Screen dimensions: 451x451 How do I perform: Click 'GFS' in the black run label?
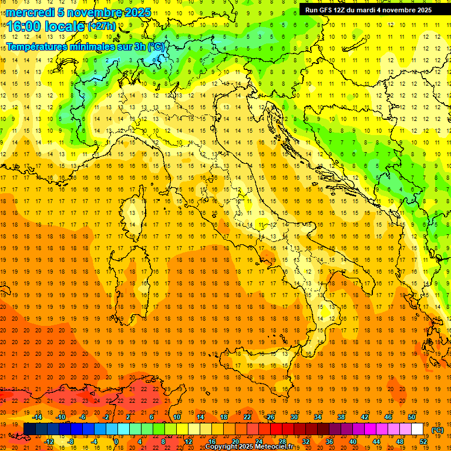(x=329, y=9)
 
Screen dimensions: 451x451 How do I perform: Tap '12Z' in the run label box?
(x=345, y=9)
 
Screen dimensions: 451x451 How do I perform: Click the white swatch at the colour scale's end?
(x=417, y=429)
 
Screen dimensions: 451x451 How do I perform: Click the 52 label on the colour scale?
(x=423, y=442)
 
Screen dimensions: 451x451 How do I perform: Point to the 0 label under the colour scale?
(x=116, y=442)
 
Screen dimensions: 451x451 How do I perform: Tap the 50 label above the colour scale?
(x=412, y=417)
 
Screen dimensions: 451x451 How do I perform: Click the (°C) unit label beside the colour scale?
(x=437, y=430)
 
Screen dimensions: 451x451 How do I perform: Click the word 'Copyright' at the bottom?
(x=223, y=447)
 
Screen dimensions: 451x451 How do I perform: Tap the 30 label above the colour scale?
(x=294, y=417)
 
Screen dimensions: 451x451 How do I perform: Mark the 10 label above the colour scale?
(x=176, y=417)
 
